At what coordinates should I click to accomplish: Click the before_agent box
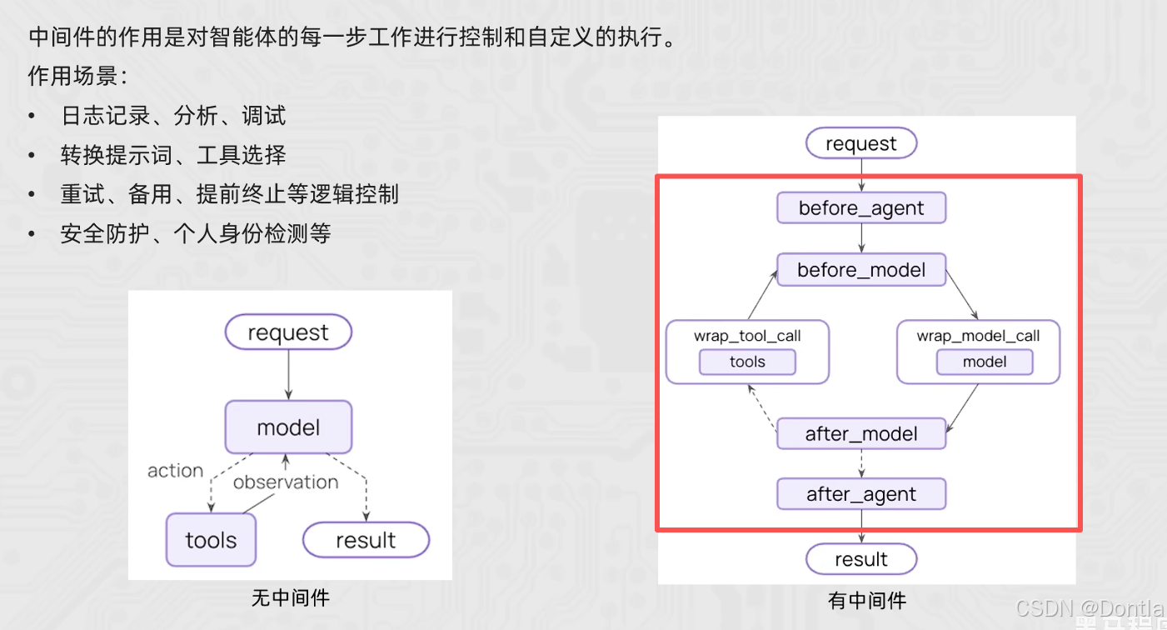click(x=861, y=208)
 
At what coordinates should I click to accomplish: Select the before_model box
click(x=861, y=270)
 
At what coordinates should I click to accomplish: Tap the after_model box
click(x=861, y=434)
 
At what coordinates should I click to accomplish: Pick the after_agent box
click(x=861, y=494)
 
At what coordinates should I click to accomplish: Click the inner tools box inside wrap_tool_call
click(x=747, y=362)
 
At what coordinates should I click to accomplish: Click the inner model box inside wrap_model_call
click(x=985, y=362)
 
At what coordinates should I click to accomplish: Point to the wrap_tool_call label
click(x=747, y=336)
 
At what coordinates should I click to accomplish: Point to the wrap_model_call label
click(x=978, y=336)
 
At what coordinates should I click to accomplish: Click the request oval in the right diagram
click(x=861, y=143)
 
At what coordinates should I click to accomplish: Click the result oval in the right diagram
click(x=861, y=559)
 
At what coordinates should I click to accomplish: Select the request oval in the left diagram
click(x=288, y=332)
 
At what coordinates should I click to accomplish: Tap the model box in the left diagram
click(x=288, y=427)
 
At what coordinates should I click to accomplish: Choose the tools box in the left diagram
click(x=211, y=540)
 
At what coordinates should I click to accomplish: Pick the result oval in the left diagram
click(x=366, y=540)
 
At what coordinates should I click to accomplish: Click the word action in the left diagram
click(x=175, y=471)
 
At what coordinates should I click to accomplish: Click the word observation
click(x=286, y=482)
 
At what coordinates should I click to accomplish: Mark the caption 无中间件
click(x=290, y=598)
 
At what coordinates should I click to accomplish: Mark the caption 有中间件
click(x=867, y=601)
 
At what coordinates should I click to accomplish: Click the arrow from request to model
click(x=288, y=375)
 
